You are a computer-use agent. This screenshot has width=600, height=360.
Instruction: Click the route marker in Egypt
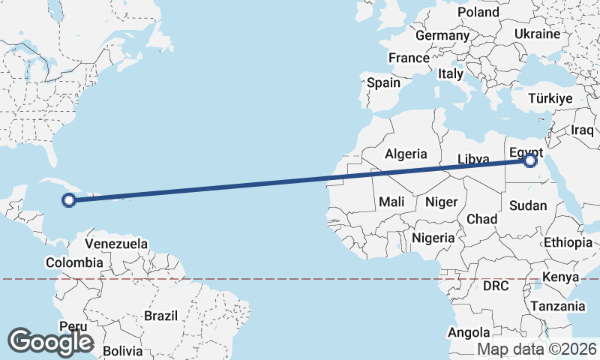[531, 160]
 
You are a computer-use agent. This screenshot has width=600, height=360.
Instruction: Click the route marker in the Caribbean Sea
[69, 199]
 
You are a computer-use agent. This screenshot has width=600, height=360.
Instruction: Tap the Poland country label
[478, 12]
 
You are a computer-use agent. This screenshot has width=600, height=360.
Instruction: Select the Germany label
[442, 35]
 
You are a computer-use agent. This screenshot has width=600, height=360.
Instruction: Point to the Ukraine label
[537, 34]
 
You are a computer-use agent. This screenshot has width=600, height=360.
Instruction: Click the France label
[409, 58]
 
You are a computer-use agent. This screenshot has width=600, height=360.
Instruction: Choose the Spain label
[383, 82]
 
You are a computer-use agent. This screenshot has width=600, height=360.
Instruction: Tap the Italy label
[451, 73]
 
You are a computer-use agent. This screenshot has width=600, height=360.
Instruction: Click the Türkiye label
[550, 98]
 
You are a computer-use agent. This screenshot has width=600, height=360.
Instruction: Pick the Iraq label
[582, 130]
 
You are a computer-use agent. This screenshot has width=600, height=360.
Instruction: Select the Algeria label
[406, 154]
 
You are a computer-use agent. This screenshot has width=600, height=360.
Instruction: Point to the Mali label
[391, 202]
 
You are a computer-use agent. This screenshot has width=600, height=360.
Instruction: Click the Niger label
[440, 201]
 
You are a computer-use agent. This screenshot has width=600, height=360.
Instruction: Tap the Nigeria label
[433, 238]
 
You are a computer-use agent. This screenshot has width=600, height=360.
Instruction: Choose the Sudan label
[527, 205]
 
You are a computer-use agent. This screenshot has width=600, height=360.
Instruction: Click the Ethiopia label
[568, 242]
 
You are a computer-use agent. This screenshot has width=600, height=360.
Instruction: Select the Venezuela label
[116, 244]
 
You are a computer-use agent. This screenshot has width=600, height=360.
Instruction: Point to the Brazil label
[161, 316]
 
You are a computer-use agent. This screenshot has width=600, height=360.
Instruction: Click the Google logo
[50, 342]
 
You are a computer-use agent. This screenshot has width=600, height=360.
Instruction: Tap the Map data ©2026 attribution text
[537, 349]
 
